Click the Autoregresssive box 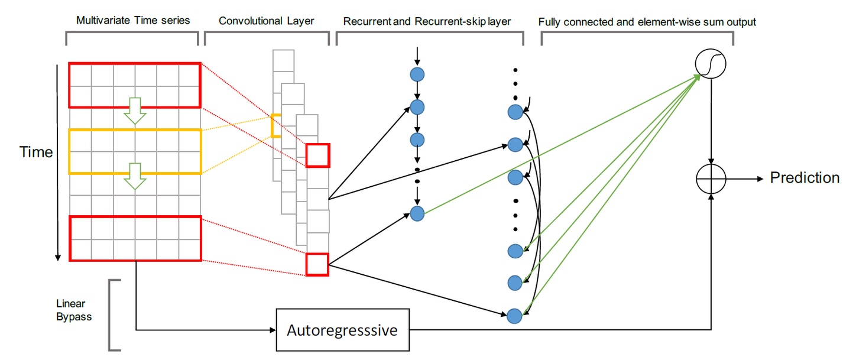(342, 329)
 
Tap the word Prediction (805, 177)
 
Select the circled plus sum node (711, 178)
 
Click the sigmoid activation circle (710, 63)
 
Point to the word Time (37, 152)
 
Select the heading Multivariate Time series (133, 21)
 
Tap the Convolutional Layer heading (266, 21)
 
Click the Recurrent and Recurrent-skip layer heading (427, 22)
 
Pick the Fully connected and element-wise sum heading (647, 22)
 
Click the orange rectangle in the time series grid (135, 152)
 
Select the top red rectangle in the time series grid (135, 85)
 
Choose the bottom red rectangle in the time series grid (135, 239)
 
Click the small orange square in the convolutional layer (275, 126)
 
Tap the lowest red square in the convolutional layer (317, 264)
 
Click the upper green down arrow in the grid (135, 111)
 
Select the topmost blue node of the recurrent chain (417, 75)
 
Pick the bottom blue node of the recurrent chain (417, 214)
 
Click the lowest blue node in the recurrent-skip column (515, 316)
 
